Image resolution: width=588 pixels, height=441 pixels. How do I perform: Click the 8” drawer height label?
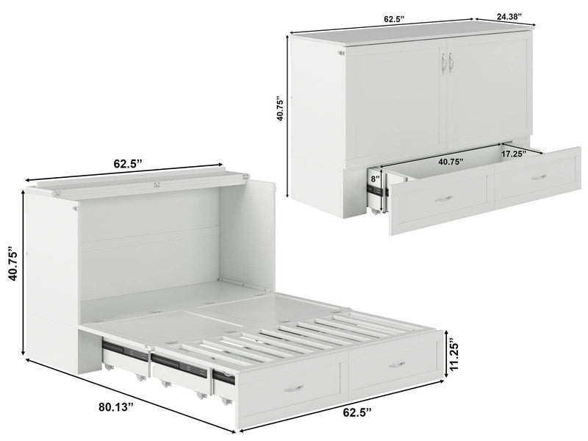click(x=374, y=177)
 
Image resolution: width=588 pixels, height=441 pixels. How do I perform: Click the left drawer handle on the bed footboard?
click(x=293, y=387)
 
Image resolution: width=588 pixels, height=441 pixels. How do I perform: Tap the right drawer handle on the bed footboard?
click(x=396, y=364)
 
